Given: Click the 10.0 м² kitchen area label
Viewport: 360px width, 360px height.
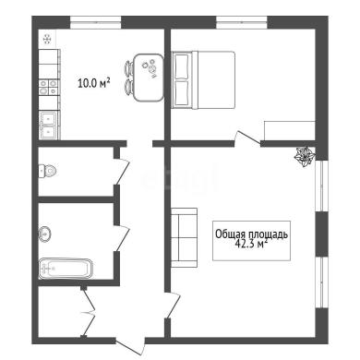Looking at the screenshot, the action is coord(94,83).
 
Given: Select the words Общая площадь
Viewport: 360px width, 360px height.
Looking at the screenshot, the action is coord(251,234).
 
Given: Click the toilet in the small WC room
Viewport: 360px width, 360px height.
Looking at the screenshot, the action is coord(47,171).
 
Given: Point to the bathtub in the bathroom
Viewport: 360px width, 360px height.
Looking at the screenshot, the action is coord(66,269).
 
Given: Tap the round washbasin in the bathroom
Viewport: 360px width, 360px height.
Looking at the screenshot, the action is coord(44,234).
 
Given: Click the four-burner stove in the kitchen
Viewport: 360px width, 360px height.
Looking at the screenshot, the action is coord(49,87).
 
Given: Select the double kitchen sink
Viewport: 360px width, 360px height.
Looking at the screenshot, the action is coord(49,125).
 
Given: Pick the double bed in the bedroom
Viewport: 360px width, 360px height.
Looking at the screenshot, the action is coord(203,80).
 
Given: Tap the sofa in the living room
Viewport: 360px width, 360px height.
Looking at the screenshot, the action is coord(184,237).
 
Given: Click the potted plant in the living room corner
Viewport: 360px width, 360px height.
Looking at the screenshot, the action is coord(305,157).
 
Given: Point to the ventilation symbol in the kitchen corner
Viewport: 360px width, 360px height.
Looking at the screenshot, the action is coord(47,40).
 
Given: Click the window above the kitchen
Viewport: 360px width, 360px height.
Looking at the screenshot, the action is coord(96,22).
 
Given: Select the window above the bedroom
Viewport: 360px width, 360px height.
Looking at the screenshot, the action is coord(242,22).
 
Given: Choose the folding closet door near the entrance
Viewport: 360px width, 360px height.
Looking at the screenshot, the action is coord(89,312).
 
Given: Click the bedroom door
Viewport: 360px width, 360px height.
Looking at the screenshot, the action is coord(247,138).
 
